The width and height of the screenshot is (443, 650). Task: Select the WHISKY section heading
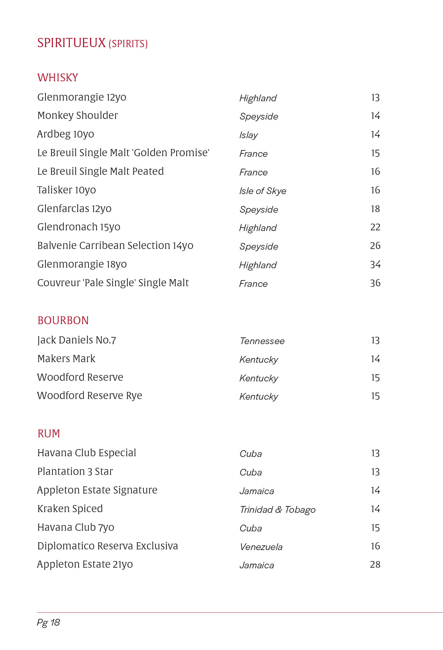[58, 78]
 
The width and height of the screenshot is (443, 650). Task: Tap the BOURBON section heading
[63, 320]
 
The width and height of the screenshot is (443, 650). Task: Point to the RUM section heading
[49, 434]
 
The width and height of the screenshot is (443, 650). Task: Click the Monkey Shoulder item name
[78, 116]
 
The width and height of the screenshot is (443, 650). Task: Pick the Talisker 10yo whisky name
[66, 190]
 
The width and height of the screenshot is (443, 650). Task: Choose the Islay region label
[248, 135]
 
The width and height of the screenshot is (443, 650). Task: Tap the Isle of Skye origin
[263, 191]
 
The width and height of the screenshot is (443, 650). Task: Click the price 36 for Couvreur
[375, 283]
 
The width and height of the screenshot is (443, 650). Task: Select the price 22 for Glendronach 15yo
[375, 227]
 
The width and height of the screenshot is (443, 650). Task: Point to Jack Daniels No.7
[77, 340]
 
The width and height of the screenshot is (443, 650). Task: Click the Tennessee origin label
[262, 341]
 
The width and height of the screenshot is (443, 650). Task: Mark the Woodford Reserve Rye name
[89, 396]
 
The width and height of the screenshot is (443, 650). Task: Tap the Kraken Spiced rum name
[70, 509]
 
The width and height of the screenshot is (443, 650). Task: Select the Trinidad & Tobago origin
[278, 510]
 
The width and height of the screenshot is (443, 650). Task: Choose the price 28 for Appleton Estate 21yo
[375, 565]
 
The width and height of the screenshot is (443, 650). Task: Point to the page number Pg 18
[48, 623]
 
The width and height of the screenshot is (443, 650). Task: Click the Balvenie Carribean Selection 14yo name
[115, 246]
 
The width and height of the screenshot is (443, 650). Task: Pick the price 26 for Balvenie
[375, 246]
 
